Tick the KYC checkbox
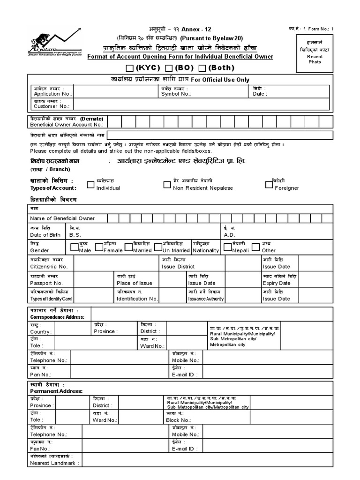(x=130, y=68)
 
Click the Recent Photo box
(x=315, y=52)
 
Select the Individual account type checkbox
(x=90, y=185)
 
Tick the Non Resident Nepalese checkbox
(x=167, y=185)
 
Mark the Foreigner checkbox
(x=269, y=184)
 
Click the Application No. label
(x=47, y=94)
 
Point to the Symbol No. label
(x=176, y=94)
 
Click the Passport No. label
(x=46, y=283)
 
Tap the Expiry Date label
(x=277, y=283)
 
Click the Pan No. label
(x=41, y=375)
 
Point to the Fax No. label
(x=40, y=449)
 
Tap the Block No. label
(x=179, y=420)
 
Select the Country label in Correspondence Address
(x=41, y=331)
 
